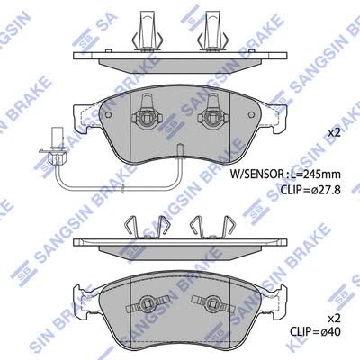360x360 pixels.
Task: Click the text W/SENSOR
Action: point(256,174)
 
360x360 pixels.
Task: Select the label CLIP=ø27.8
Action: point(310,190)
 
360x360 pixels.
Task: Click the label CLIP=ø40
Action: point(315,331)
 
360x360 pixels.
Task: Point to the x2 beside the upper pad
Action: point(334,132)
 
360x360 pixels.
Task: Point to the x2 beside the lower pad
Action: point(334,318)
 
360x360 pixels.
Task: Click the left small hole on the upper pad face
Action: point(109,114)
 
